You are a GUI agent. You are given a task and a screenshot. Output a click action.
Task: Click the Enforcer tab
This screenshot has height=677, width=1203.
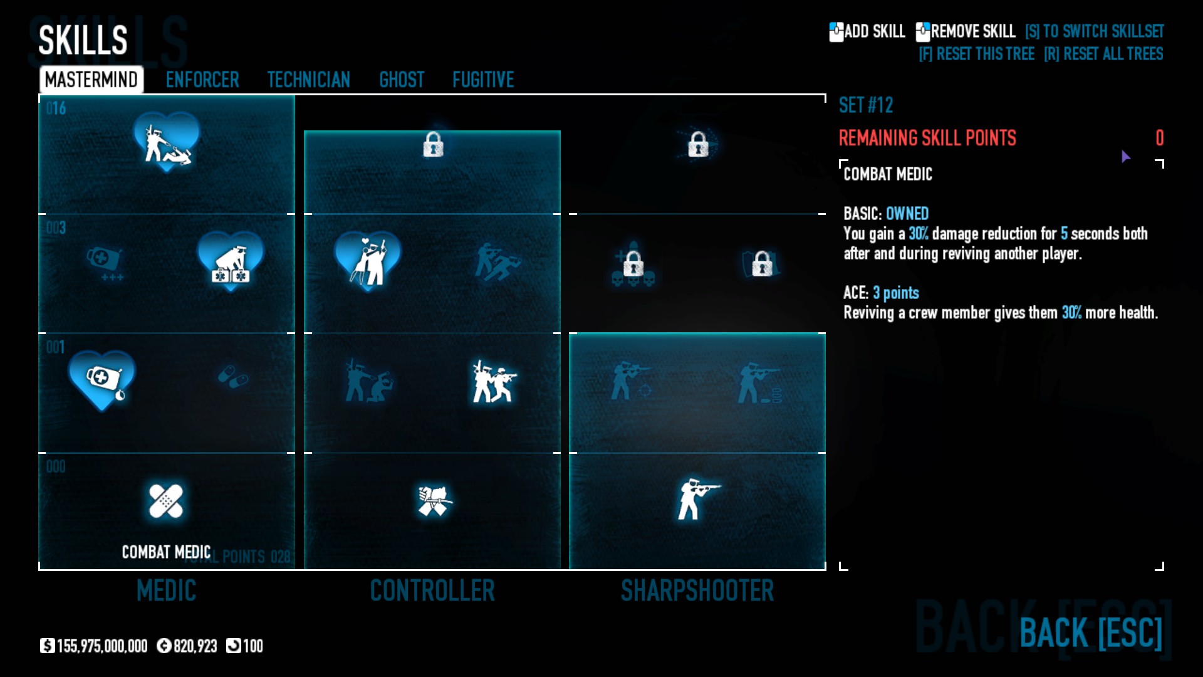[x=202, y=80]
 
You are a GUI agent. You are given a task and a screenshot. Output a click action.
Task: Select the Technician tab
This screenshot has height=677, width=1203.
[x=308, y=80]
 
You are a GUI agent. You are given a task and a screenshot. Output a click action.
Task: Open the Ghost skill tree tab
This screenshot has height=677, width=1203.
[x=402, y=80]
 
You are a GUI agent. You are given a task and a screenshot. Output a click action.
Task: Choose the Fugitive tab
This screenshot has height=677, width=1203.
[x=483, y=80]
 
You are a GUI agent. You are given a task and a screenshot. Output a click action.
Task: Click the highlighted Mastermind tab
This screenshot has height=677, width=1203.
[x=91, y=80]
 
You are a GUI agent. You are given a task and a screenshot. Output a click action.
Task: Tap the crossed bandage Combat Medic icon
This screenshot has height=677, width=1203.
[x=166, y=501]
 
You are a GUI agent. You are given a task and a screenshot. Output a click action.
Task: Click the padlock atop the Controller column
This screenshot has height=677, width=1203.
[x=433, y=145]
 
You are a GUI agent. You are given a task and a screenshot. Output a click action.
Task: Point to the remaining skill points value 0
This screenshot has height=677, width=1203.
[x=1159, y=138]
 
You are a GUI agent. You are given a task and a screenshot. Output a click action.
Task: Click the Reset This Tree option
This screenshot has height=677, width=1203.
[x=976, y=54]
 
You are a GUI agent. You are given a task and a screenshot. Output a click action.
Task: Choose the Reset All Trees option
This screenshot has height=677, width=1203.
[x=1103, y=54]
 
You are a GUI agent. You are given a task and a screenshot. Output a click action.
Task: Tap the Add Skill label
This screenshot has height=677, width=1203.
[x=874, y=31]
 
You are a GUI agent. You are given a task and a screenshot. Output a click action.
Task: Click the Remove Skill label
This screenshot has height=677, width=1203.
[x=972, y=31]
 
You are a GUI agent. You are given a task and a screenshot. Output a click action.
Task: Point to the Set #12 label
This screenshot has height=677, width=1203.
[x=866, y=105]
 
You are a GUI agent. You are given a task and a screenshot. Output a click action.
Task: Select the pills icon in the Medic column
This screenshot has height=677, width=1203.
[x=232, y=377]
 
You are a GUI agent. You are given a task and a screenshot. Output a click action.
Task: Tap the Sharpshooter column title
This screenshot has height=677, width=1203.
[x=697, y=590]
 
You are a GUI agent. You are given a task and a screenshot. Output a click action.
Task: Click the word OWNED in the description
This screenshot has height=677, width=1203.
[x=907, y=214]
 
